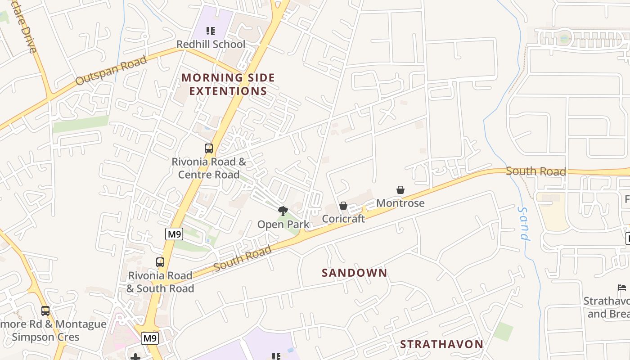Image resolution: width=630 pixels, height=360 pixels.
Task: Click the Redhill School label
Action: tap(211, 44)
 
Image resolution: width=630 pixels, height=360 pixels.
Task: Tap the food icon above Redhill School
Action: tap(211, 31)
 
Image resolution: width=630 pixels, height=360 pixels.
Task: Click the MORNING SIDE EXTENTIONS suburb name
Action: tap(228, 84)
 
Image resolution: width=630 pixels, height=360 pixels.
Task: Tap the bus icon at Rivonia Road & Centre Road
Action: tap(209, 148)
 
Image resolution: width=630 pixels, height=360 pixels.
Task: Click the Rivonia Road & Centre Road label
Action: tap(209, 168)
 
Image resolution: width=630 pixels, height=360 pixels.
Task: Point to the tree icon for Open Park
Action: tap(283, 211)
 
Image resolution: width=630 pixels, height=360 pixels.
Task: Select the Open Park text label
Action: tap(283, 224)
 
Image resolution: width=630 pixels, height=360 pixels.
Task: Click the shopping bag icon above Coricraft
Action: tap(343, 206)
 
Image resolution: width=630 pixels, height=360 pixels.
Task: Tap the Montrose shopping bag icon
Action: tap(400, 190)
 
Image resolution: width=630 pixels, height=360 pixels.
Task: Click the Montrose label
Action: tap(400, 203)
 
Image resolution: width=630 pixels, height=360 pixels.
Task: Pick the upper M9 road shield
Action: tap(174, 234)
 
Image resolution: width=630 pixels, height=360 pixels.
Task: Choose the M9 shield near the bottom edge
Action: tap(149, 338)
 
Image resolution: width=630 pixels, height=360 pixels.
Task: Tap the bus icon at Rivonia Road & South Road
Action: tap(160, 262)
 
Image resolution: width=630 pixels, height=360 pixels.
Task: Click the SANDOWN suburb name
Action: tap(355, 273)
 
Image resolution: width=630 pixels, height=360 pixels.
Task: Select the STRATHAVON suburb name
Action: tap(441, 344)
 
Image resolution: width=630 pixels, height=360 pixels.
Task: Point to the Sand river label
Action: tap(524, 224)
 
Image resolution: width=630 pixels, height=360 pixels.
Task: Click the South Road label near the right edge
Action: tap(535, 171)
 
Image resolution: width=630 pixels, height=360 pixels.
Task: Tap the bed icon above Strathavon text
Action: tap(622, 287)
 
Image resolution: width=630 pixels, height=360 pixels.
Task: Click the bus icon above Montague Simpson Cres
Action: tap(45, 310)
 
